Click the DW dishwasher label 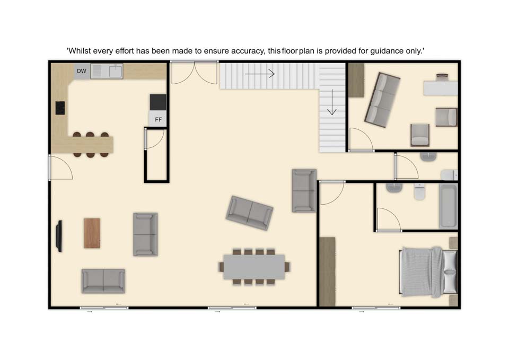coord(82,71)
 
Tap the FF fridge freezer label coord(159,119)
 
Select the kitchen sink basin coord(115,72)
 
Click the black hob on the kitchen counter coord(60,108)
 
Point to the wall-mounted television coord(59,236)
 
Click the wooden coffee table coord(92,233)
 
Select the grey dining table coord(254,267)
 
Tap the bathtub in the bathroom coord(448,206)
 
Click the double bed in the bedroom coord(428,272)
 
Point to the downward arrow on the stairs coord(332,102)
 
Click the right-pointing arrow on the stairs coord(260,74)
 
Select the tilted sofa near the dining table coord(249,213)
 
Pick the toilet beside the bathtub coord(419,191)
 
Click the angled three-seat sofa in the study coord(382,100)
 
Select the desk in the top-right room coord(441,88)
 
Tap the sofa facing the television coord(145,234)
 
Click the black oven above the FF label coord(158,102)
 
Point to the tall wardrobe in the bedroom coord(328,271)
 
